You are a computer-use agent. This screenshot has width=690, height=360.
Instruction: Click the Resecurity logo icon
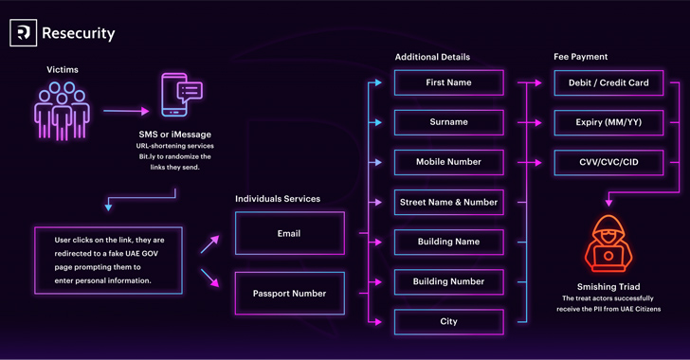tap(24, 32)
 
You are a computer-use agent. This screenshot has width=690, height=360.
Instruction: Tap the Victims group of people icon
tap(62, 111)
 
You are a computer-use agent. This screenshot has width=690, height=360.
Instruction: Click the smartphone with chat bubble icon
tap(181, 95)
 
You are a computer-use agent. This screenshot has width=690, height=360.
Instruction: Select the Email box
tap(290, 233)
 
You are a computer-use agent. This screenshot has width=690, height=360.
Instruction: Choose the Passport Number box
tap(290, 293)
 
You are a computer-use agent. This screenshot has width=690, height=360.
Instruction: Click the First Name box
tap(449, 82)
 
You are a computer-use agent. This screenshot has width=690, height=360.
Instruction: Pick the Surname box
tap(449, 122)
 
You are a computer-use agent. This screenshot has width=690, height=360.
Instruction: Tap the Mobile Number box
tap(449, 162)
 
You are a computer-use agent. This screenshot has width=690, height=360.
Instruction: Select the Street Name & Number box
tap(449, 202)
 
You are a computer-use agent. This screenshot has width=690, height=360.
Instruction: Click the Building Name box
tap(449, 242)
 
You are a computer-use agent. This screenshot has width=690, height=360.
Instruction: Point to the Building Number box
tap(449, 281)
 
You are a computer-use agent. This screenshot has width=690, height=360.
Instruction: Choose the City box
tap(449, 322)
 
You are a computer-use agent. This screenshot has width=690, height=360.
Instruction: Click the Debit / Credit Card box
tap(608, 82)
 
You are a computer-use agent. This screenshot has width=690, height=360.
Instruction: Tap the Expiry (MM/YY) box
tap(608, 122)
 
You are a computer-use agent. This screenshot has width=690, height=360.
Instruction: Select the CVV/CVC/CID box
tap(608, 162)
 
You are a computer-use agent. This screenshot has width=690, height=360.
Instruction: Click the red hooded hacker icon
tap(608, 243)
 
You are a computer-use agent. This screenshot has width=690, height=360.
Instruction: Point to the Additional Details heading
tap(432, 57)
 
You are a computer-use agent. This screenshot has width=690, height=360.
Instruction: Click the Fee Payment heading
tap(580, 57)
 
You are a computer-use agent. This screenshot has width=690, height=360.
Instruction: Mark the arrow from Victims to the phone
tap(126, 111)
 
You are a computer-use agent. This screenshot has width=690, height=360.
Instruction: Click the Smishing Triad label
tap(608, 286)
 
